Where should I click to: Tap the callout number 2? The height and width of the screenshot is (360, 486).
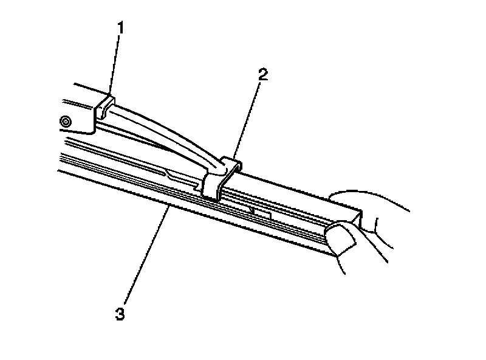click(x=262, y=75)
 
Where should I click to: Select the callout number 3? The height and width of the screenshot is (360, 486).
click(x=120, y=315)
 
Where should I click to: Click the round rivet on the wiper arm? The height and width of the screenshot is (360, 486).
click(x=66, y=122)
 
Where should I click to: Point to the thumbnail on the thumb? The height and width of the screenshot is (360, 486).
click(x=342, y=238)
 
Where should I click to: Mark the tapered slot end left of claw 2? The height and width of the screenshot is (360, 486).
click(x=176, y=176)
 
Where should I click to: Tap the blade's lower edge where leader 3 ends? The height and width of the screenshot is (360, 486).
click(x=166, y=210)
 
